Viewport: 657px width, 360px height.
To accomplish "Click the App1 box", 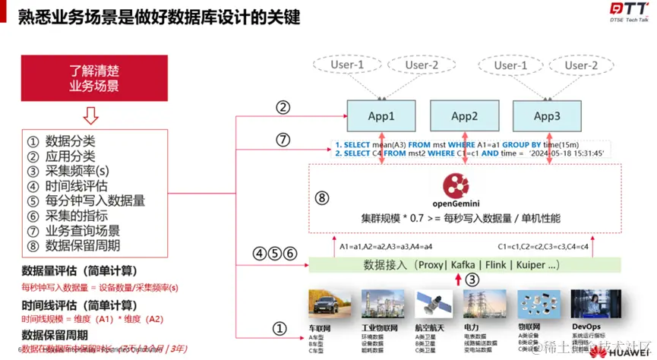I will tap(381, 116).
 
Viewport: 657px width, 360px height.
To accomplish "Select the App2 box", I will tap(464, 116).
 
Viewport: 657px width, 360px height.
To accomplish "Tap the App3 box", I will tap(547, 116).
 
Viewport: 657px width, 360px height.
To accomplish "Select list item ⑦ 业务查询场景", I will tap(83, 230).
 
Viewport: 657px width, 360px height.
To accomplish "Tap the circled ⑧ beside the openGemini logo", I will tap(322, 197).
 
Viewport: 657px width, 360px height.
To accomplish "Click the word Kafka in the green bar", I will tap(463, 265).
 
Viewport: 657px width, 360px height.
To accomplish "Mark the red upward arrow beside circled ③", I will tap(457, 279).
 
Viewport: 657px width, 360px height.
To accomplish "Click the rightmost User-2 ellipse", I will tap(580, 65).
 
